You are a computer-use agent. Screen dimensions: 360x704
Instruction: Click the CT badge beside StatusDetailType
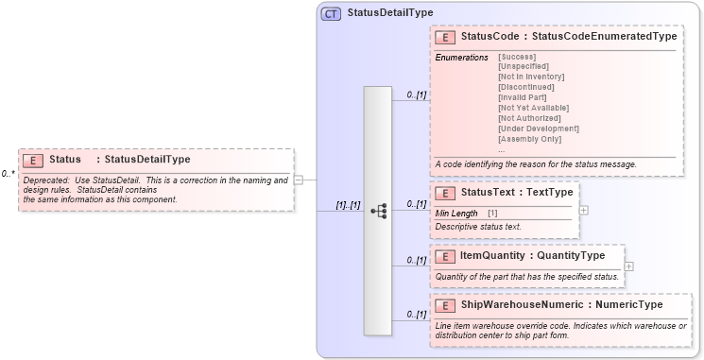(332, 14)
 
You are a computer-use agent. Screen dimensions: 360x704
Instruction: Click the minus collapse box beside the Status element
(298, 179)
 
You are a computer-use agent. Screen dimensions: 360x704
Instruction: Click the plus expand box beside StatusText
(583, 209)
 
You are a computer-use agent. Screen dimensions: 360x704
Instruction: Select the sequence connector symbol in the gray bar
(378, 211)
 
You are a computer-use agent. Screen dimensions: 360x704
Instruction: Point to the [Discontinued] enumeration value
(525, 87)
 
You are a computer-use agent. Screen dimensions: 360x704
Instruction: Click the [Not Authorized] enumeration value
(528, 118)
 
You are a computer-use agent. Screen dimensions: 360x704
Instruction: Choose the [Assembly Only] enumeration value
(529, 139)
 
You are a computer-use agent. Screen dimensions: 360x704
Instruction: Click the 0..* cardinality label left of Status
(8, 174)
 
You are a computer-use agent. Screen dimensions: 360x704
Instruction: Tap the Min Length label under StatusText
(456, 214)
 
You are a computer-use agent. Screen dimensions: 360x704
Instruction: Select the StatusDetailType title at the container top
(390, 13)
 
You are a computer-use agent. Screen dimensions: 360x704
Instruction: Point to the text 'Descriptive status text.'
(477, 227)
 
